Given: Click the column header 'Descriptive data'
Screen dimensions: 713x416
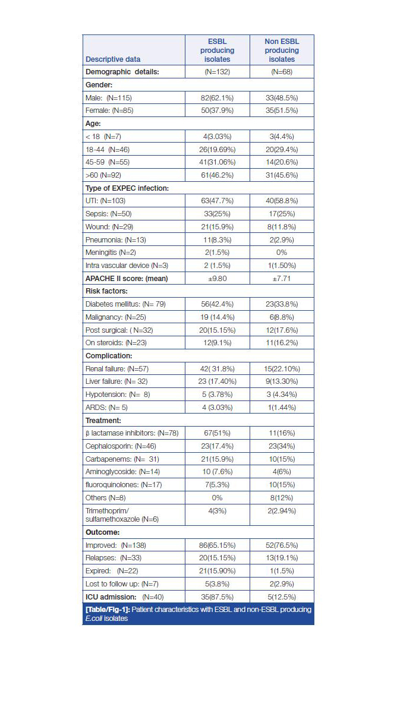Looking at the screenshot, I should pyautogui.click(x=113, y=59).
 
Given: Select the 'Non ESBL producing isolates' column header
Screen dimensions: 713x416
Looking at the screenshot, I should pyautogui.click(x=282, y=51).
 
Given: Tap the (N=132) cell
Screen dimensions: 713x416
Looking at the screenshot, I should pyautogui.click(x=217, y=72).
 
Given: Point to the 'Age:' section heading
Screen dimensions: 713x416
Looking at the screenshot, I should pyautogui.click(x=94, y=124).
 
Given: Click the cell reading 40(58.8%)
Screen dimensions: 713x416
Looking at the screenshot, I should pyautogui.click(x=282, y=201).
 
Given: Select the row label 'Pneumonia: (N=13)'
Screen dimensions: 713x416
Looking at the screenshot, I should pyautogui.click(x=116, y=240).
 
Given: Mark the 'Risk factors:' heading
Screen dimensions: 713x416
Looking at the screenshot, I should pyautogui.click(x=106, y=291).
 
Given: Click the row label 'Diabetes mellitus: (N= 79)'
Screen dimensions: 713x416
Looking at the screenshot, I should pyautogui.click(x=125, y=304).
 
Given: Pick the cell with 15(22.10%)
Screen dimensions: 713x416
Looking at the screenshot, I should pyautogui.click(x=282, y=369).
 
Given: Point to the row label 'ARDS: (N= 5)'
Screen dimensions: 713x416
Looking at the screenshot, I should pyautogui.click(x=106, y=408).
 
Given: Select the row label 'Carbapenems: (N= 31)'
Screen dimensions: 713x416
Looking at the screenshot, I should pyautogui.click(x=122, y=459).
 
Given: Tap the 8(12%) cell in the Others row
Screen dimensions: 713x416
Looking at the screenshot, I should pyautogui.click(x=282, y=498).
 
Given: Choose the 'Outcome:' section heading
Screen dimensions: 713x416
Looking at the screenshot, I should pyautogui.click(x=102, y=532).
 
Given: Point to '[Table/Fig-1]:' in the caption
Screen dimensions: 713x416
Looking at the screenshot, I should pyautogui.click(x=108, y=610).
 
